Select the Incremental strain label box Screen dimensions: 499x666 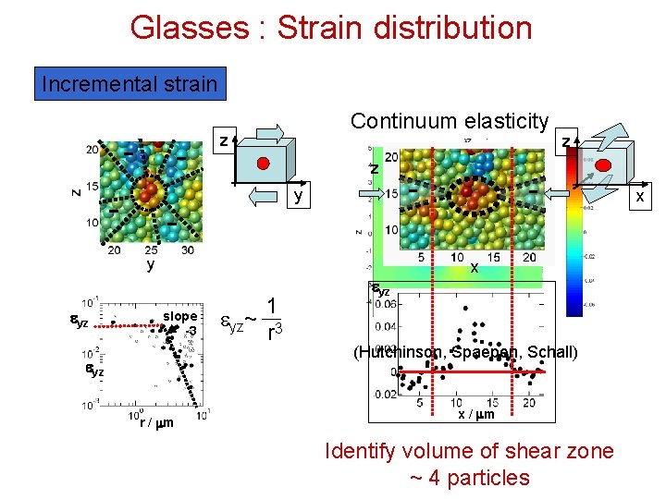click(x=129, y=84)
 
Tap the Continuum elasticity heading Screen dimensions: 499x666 click(x=450, y=121)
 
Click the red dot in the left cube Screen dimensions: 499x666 click(x=263, y=163)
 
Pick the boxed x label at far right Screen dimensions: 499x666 click(x=638, y=197)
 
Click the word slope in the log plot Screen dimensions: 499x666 click(x=180, y=316)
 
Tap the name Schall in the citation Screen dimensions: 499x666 click(x=552, y=352)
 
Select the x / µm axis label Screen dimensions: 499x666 click(x=475, y=414)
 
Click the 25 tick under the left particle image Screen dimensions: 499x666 click(x=152, y=249)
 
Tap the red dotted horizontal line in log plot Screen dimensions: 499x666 click(x=129, y=325)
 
